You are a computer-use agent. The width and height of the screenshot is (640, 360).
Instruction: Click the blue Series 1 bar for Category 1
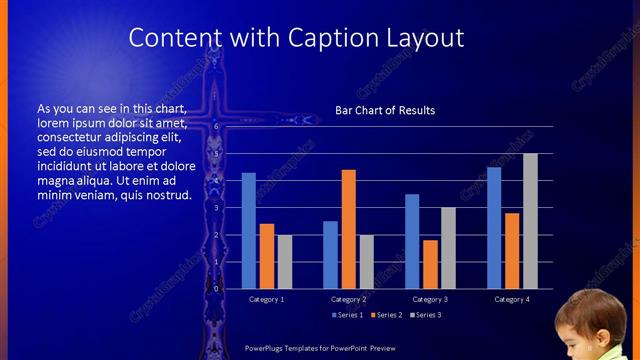point(248,231)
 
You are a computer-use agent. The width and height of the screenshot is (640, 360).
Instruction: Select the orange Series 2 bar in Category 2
point(348,229)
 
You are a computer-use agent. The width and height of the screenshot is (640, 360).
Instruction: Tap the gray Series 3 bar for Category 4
point(530,221)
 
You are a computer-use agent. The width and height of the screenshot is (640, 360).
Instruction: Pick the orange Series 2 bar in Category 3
point(430,264)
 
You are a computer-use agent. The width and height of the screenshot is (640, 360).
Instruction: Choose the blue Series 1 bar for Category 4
point(494,228)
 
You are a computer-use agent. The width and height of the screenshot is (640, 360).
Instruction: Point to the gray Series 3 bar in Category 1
point(285,262)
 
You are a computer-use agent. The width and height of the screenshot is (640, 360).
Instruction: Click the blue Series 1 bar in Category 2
point(330,255)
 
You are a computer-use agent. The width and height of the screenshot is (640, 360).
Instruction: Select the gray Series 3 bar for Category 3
point(448,248)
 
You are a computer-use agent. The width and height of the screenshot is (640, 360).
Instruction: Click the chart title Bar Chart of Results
point(385,110)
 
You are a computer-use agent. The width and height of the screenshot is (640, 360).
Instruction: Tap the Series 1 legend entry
point(348,315)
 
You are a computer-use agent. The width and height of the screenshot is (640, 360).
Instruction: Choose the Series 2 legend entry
point(387,315)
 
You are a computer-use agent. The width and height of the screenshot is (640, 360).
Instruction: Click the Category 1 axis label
point(266,299)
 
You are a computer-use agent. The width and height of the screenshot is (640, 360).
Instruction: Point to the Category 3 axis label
point(430,299)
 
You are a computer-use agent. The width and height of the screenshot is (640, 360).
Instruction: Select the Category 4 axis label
point(512,299)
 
